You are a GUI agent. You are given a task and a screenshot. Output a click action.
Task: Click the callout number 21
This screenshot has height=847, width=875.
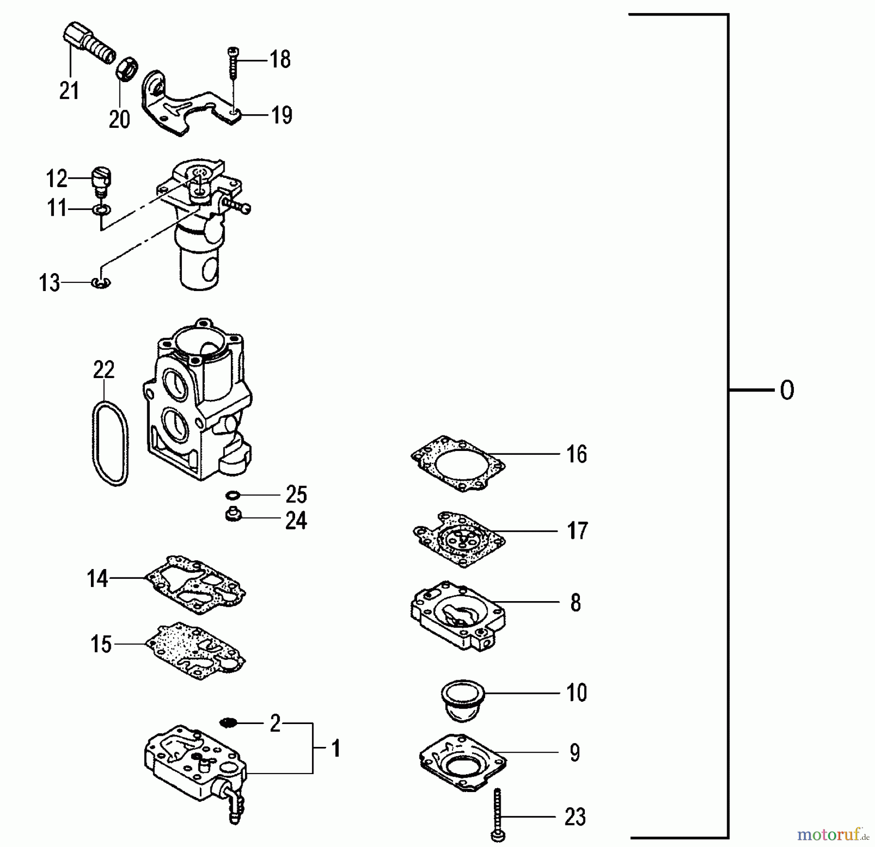tap(69, 91)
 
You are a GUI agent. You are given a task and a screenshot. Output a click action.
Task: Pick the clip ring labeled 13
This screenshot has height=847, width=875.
tap(101, 282)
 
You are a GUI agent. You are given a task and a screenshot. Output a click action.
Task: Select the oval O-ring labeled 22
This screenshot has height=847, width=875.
tap(110, 443)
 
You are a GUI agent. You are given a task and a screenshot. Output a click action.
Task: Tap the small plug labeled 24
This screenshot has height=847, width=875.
tap(233, 515)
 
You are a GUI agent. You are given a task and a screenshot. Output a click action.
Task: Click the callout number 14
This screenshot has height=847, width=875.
tap(97, 578)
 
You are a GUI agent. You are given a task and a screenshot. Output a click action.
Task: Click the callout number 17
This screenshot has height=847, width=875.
tap(577, 531)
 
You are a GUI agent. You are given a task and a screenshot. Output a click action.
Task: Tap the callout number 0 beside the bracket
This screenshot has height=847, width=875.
tap(787, 390)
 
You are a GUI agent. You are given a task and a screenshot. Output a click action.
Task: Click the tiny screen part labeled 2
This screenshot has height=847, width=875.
tap(227, 723)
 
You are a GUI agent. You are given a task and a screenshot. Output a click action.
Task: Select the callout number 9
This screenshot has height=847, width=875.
tap(575, 752)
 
